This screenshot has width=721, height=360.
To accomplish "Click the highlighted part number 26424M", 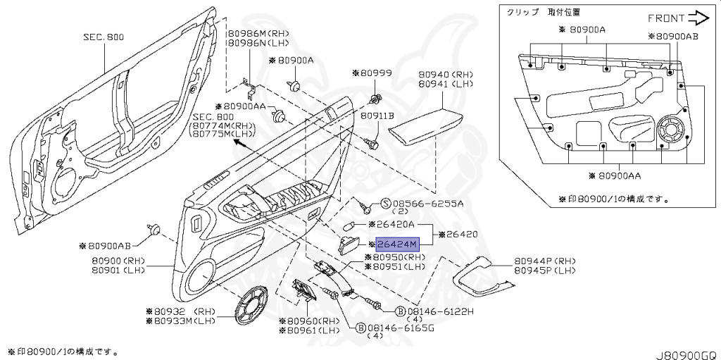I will coord(398,244).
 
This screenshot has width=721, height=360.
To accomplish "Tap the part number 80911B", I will coord(377,115).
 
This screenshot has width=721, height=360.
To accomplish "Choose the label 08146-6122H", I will coord(437,311).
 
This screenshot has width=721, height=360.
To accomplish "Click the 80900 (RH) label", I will coord(117,261).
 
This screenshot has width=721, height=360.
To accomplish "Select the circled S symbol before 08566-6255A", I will coord(385,203).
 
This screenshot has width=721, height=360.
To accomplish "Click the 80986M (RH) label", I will coord(250,33).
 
